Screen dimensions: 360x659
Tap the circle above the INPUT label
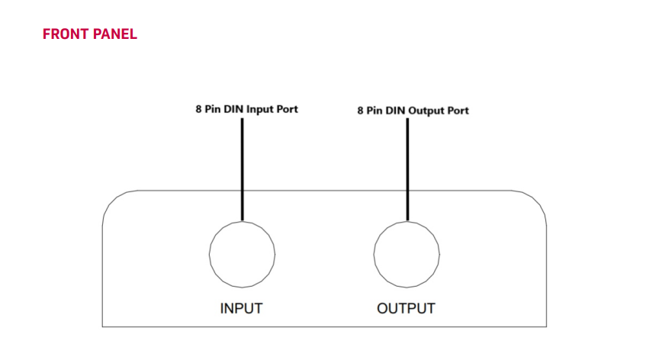[242, 254]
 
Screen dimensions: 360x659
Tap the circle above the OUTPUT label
[407, 254]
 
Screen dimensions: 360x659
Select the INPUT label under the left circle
[241, 309]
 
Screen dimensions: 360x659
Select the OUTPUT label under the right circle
[406, 309]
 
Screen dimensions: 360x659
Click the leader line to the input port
[242, 168]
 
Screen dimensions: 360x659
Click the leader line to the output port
[407, 168]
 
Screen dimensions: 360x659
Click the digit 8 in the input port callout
[198, 109]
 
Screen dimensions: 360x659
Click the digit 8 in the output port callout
[361, 111]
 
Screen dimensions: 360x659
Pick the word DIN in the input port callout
[233, 109]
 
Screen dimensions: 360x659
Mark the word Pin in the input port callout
[213, 109]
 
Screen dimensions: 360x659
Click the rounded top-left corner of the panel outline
[112, 200]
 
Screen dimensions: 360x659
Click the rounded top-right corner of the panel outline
[537, 200]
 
